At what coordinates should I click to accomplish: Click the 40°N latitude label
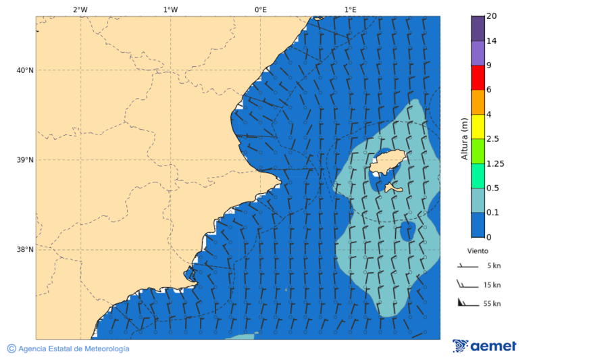tap(25, 70)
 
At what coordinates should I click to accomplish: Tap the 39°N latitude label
tap(25, 160)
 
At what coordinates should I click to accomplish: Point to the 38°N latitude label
tap(25, 250)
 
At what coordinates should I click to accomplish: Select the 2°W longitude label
tap(80, 9)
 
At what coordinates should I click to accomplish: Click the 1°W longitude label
tap(170, 9)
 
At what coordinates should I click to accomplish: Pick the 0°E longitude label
tap(260, 9)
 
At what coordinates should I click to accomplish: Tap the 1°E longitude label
tap(350, 9)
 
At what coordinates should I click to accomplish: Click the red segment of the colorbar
tap(478, 78)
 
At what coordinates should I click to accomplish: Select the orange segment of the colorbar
tap(478, 102)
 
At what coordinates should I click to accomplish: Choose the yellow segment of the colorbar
tap(478, 126)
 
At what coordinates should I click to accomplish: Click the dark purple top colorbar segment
tap(478, 28)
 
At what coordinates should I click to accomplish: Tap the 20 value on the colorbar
tap(492, 16)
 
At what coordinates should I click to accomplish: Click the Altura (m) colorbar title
tap(464, 138)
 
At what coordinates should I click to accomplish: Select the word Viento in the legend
tap(478, 251)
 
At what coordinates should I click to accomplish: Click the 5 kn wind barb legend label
tap(493, 266)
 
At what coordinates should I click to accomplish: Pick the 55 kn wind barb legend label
tap(492, 304)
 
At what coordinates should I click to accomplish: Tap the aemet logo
tap(484, 346)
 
